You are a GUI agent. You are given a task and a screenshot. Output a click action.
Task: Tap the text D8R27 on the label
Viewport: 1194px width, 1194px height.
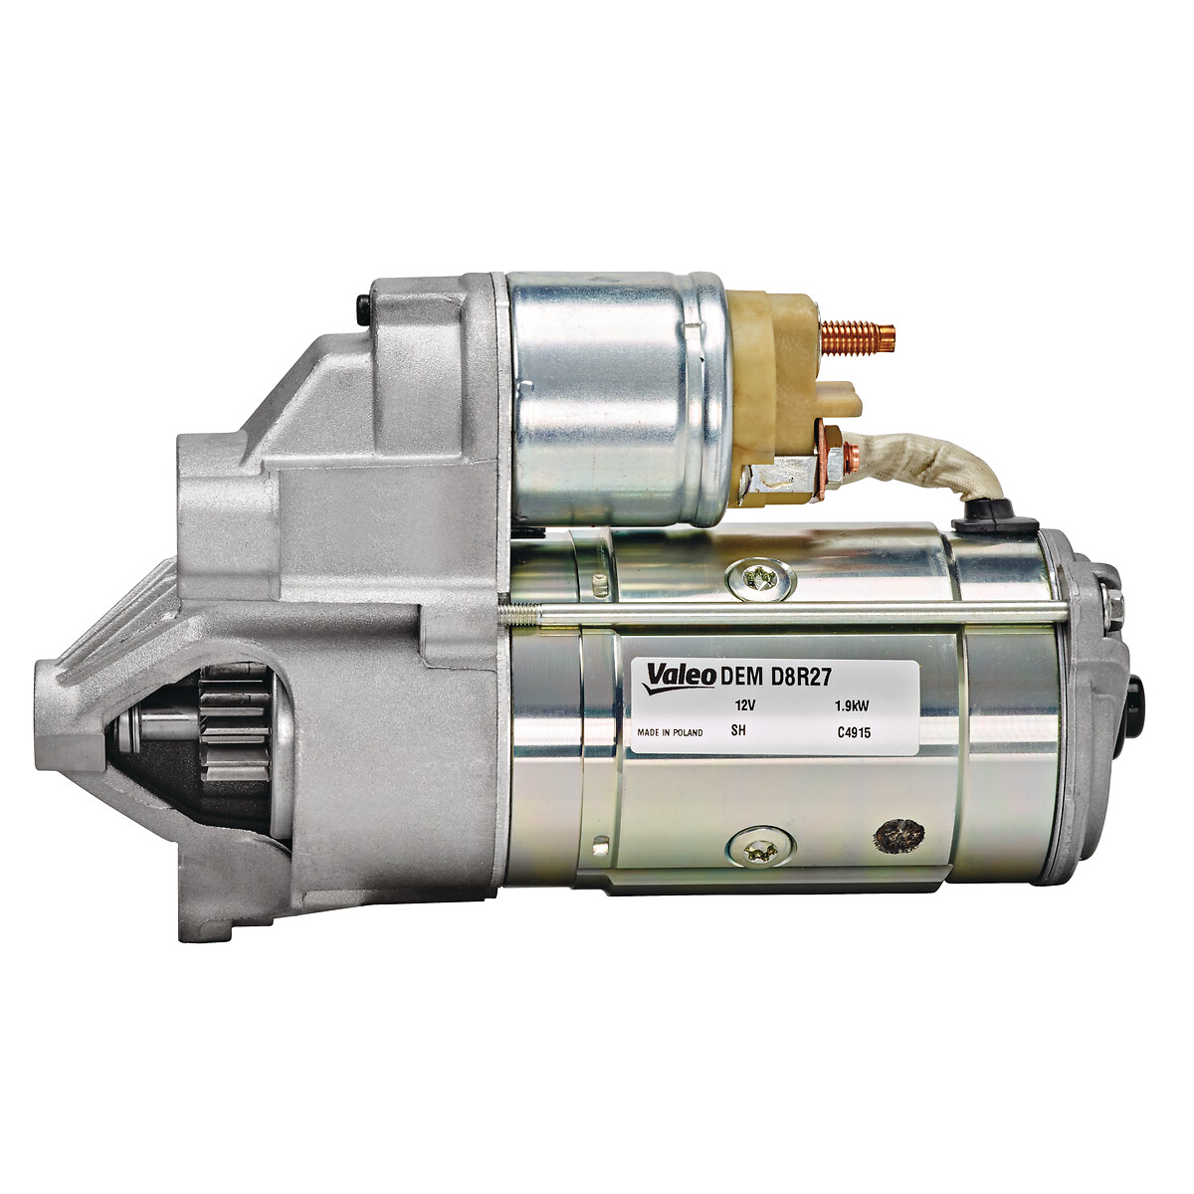[801, 677]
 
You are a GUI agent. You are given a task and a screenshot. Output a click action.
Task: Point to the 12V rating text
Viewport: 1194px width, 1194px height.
[741, 706]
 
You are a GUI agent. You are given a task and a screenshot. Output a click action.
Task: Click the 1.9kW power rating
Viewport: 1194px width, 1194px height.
[853, 706]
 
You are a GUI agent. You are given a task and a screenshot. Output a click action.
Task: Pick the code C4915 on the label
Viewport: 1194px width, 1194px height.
[854, 733]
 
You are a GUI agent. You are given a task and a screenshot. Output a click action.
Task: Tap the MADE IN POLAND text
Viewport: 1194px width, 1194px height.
[670, 733]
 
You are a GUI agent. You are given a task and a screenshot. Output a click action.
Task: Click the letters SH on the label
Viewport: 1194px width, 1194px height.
[738, 730]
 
